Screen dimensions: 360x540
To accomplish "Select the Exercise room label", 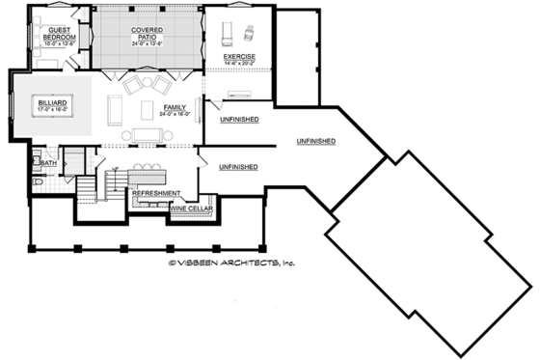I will pos(239,58).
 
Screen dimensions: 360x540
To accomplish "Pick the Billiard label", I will pos(51,101).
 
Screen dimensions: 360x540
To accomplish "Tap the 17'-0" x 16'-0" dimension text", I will pos(51,109).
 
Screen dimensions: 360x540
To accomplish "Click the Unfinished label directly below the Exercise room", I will pos(238,119).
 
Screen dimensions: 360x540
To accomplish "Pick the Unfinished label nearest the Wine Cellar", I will pos(238,167).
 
